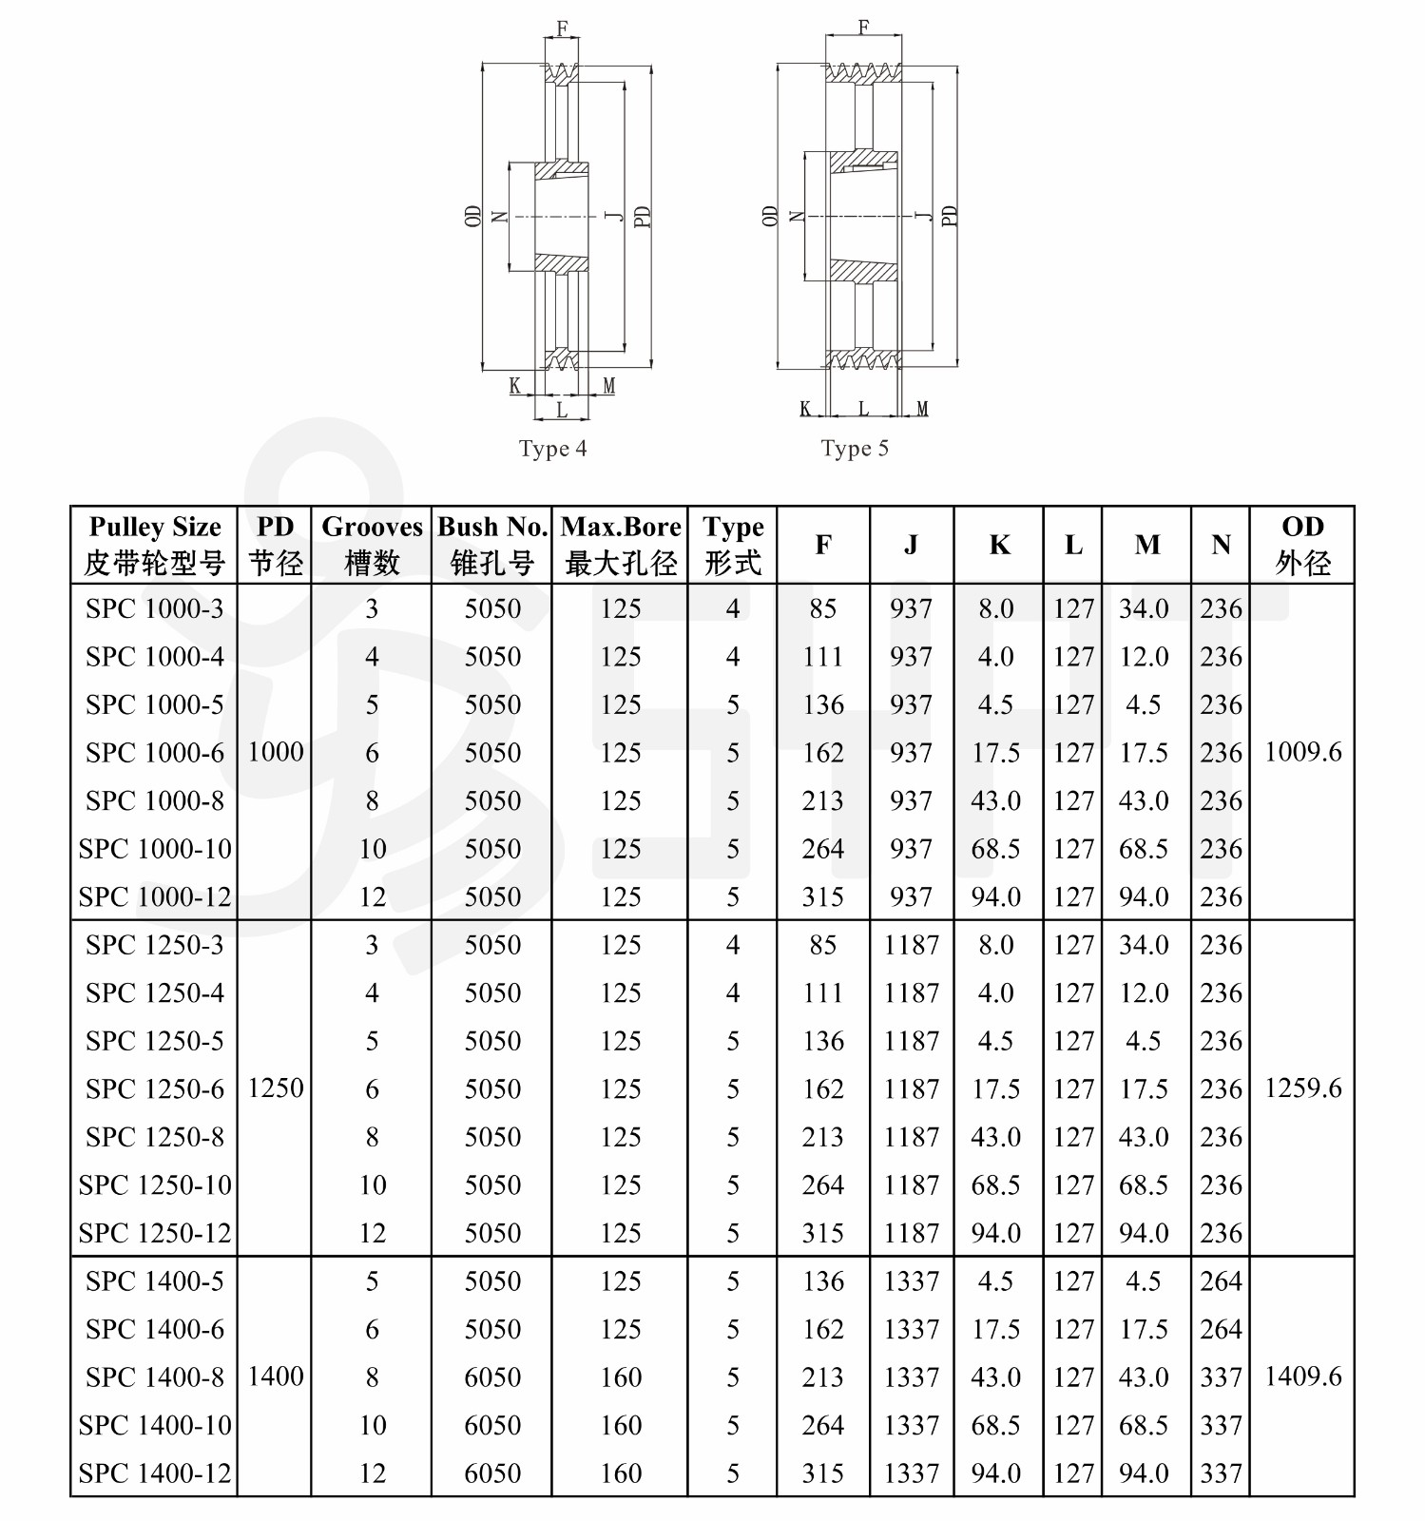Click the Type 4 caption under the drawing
pyautogui.click(x=552, y=449)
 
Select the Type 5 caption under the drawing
pyautogui.click(x=855, y=449)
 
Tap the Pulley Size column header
pyautogui.click(x=154, y=545)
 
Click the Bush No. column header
pyautogui.click(x=492, y=545)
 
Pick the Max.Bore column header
pyautogui.click(x=621, y=545)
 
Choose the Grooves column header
pyautogui.click(x=372, y=545)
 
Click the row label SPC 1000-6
pyautogui.click(x=155, y=753)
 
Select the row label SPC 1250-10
pyautogui.click(x=155, y=1185)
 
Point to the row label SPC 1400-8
pyautogui.click(x=155, y=1377)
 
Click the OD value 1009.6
pyautogui.click(x=1302, y=753)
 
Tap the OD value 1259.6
pyautogui.click(x=1302, y=1088)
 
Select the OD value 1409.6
pyautogui.click(x=1302, y=1377)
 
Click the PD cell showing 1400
pyautogui.click(x=276, y=1377)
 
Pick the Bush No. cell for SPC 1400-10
pyautogui.click(x=492, y=1426)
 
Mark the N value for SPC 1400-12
pyautogui.click(x=1221, y=1473)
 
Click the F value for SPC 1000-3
pyautogui.click(x=822, y=609)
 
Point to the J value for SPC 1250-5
pyautogui.click(x=911, y=1042)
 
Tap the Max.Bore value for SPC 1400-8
pyautogui.click(x=621, y=1377)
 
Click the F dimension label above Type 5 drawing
pyautogui.click(x=863, y=28)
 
